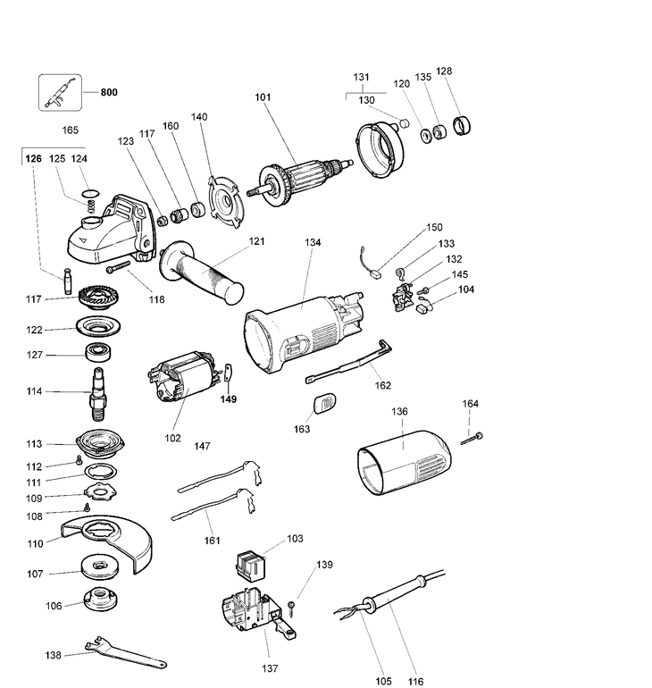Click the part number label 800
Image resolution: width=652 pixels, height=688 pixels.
click(x=110, y=92)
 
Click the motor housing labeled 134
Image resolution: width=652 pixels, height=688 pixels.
click(x=304, y=331)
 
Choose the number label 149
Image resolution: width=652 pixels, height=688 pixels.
click(x=230, y=399)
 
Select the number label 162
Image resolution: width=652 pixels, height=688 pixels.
click(x=383, y=386)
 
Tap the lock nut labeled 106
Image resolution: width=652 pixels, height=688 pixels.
click(x=97, y=604)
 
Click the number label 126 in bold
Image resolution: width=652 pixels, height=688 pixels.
click(x=33, y=158)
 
